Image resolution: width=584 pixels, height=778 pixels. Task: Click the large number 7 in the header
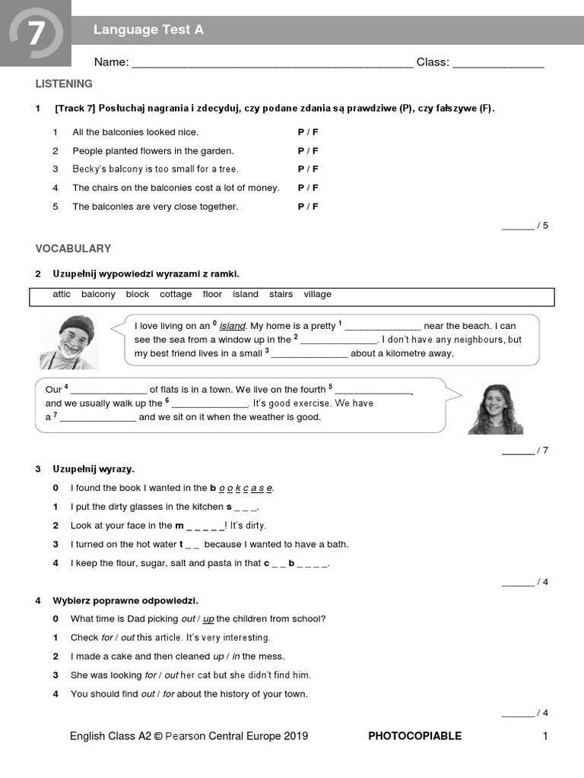36,33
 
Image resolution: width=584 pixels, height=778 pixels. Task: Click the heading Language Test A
148,30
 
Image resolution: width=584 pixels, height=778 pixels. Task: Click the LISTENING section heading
64,84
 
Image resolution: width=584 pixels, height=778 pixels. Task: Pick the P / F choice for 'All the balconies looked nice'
308,132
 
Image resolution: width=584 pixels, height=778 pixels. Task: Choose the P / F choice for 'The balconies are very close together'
308,207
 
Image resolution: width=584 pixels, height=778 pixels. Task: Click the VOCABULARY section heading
73,248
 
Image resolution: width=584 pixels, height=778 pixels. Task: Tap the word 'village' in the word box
317,295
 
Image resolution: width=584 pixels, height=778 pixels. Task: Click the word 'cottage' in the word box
176,295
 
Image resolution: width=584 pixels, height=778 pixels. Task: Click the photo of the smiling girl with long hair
495,408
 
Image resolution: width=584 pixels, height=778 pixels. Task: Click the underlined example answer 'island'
233,326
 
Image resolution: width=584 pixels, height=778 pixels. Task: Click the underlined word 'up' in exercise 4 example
208,618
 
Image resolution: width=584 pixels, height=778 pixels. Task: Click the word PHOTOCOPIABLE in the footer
414,735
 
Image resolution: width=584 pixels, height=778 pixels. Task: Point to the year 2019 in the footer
297,735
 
